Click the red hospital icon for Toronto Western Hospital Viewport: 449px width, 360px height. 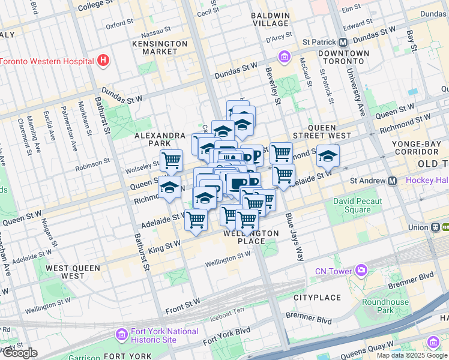[103, 61]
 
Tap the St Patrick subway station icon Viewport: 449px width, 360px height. [343, 42]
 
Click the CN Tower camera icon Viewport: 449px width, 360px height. [360, 270]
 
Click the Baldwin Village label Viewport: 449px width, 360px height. [270, 19]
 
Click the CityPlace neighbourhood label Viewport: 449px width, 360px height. [317, 298]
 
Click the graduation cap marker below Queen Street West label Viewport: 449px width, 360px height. [328, 156]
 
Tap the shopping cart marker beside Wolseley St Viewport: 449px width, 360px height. [171, 161]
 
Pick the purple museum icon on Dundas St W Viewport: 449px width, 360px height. [284, 57]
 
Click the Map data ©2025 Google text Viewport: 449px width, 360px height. [412, 355]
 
